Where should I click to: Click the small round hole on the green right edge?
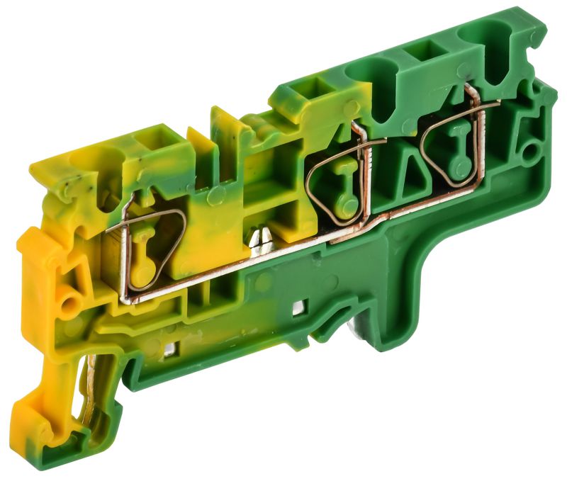pos(528,151)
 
